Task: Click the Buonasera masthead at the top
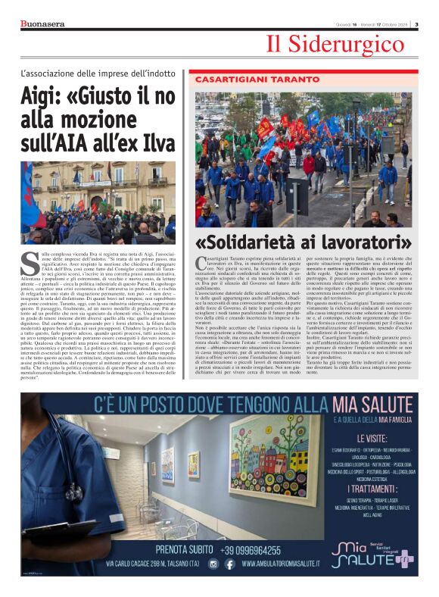pos(42,23)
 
